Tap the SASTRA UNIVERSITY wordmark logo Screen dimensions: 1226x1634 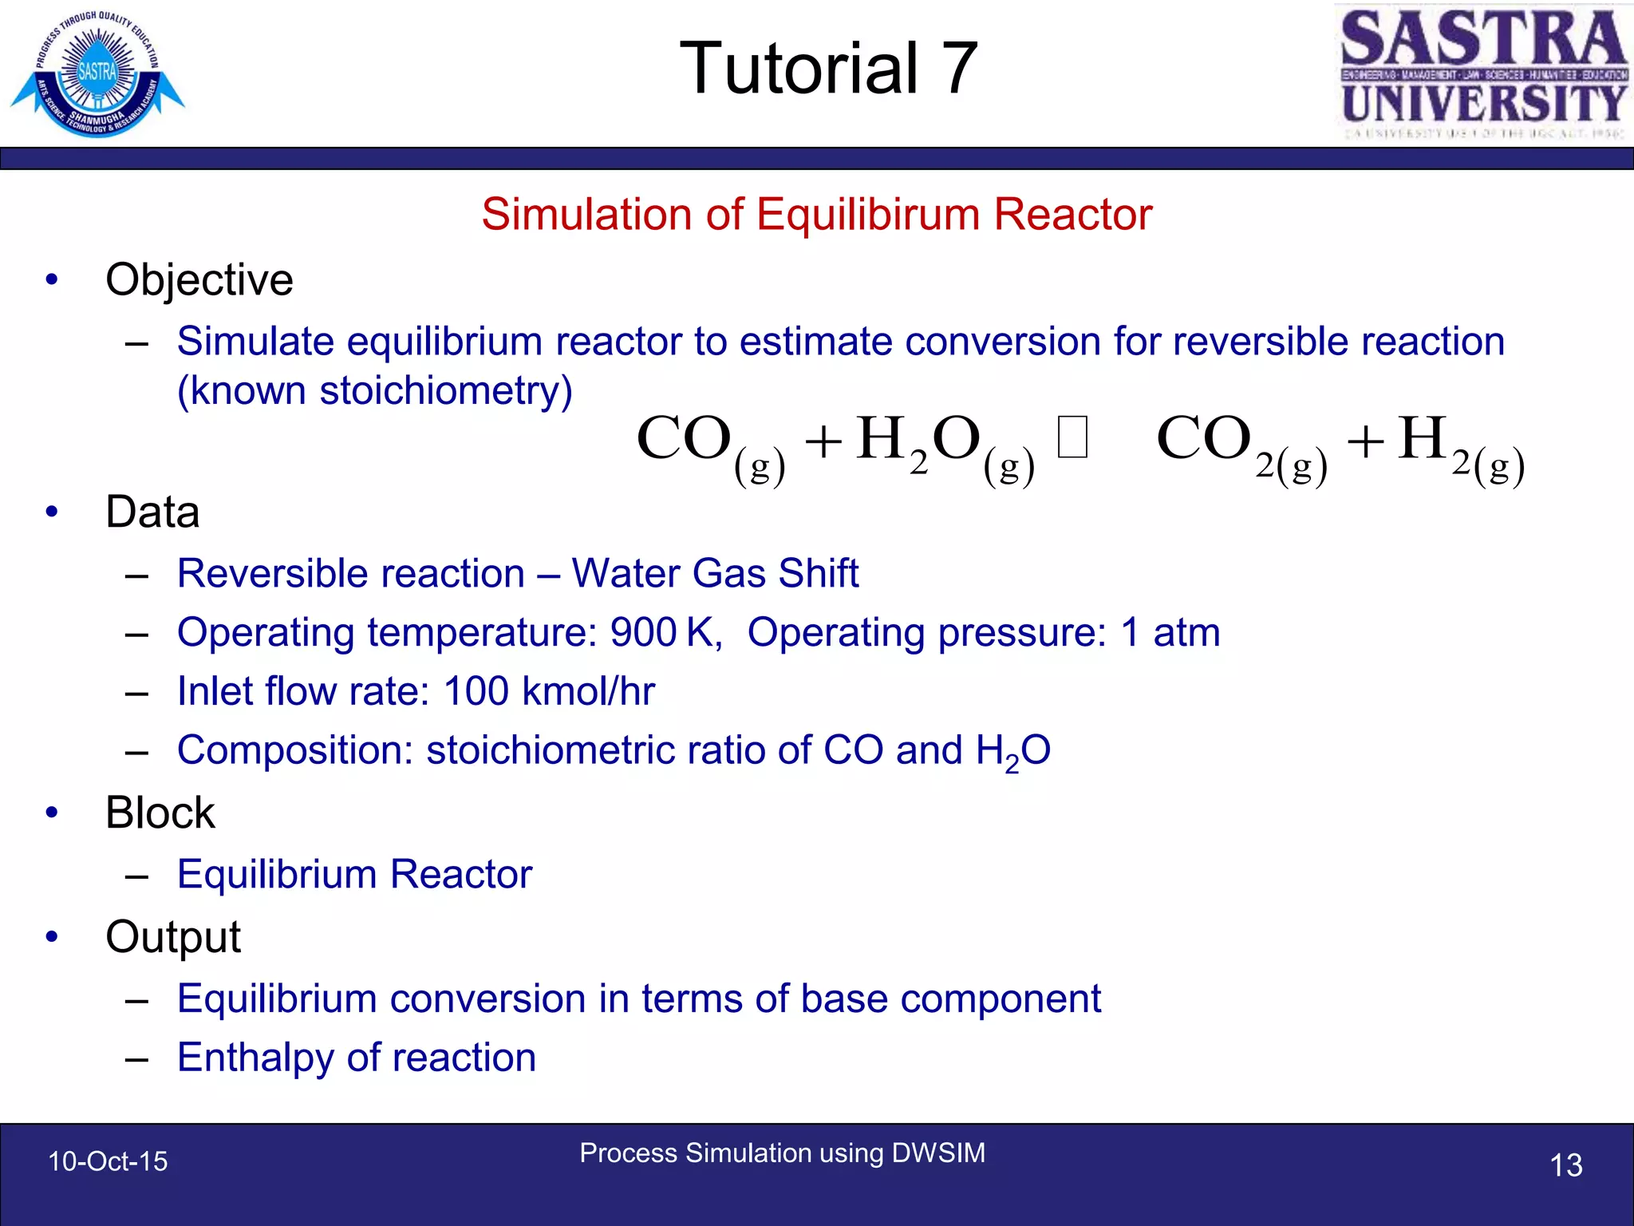[1483, 73]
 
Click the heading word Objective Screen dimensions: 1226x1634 [199, 280]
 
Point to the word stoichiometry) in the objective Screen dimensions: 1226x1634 [446, 391]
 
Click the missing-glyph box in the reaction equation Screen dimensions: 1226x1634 [1072, 438]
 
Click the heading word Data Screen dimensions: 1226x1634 [152, 512]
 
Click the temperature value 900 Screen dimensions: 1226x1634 [643, 632]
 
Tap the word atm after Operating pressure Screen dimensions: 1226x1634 [1186, 632]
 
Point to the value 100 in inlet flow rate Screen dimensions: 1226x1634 [476, 691]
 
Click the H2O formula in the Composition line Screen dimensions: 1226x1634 [1012, 751]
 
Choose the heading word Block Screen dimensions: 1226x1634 [160, 813]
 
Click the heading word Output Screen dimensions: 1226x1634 [173, 937]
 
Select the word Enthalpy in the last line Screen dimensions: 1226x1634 [255, 1058]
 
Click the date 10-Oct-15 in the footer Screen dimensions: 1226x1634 [109, 1161]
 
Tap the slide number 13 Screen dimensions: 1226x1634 [1565, 1165]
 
